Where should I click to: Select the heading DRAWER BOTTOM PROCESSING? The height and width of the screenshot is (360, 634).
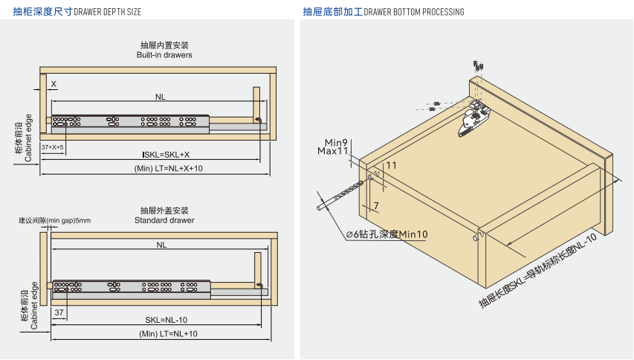(414, 12)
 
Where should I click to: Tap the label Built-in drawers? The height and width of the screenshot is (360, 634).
(164, 55)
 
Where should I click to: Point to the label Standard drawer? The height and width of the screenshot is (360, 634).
(164, 220)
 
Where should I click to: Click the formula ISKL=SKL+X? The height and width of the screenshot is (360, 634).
(166, 155)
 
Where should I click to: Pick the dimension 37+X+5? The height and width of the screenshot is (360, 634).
(53, 147)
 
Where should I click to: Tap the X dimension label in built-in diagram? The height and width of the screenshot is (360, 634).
(54, 84)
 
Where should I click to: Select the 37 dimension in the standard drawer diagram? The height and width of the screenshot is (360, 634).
(59, 312)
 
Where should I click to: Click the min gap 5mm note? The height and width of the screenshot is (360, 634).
(55, 220)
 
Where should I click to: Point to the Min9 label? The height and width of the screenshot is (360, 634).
(337, 142)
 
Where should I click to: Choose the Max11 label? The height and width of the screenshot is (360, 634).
(334, 151)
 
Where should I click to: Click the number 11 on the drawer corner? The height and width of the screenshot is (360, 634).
(392, 165)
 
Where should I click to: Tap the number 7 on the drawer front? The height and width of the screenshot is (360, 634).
(377, 205)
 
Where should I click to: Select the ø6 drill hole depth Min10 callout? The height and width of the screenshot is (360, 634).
(387, 234)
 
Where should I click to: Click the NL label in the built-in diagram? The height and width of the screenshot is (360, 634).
(161, 97)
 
